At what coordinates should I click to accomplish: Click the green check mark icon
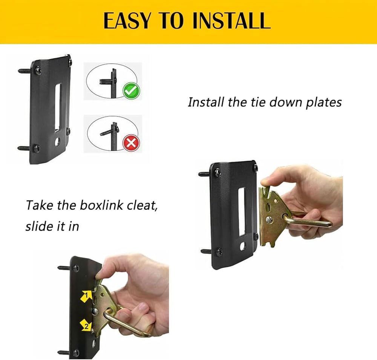pyautogui.click(x=131, y=91)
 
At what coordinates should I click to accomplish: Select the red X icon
pyautogui.click(x=131, y=143)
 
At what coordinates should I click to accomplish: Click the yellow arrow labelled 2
pyautogui.click(x=86, y=325)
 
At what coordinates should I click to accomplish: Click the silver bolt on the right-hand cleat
pyautogui.click(x=269, y=219)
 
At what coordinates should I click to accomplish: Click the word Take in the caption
pyautogui.click(x=40, y=205)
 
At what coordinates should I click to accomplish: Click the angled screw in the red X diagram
pyautogui.click(x=106, y=132)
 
